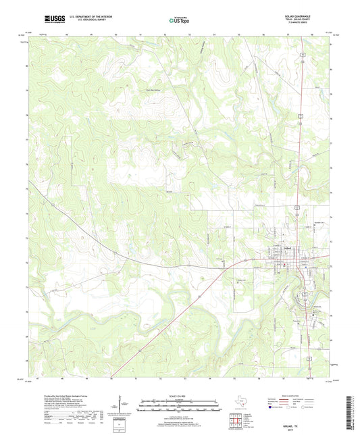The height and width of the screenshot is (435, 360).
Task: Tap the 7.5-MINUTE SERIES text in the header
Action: [x=311, y=24]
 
